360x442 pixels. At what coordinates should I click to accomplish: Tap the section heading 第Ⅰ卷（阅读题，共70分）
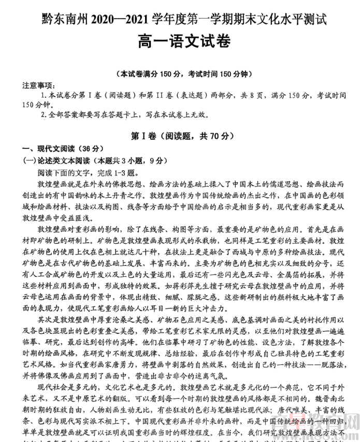[x=179, y=136]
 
